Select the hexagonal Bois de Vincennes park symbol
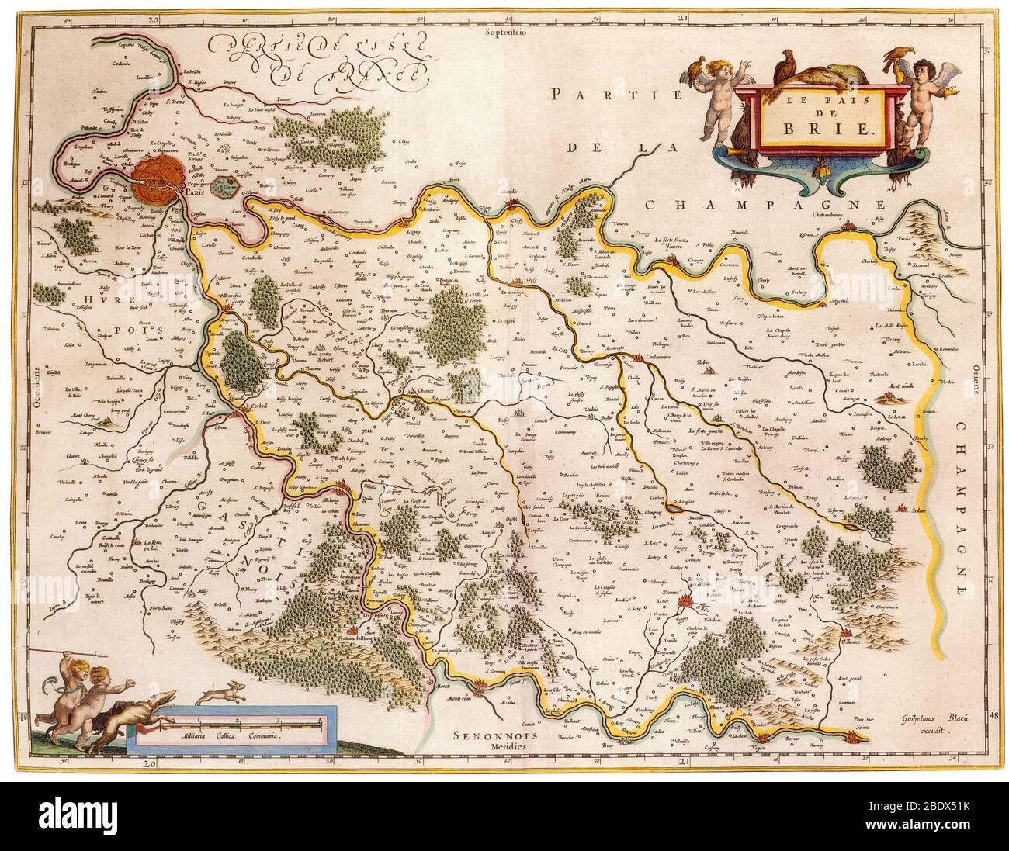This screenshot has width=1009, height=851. click(224, 188)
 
